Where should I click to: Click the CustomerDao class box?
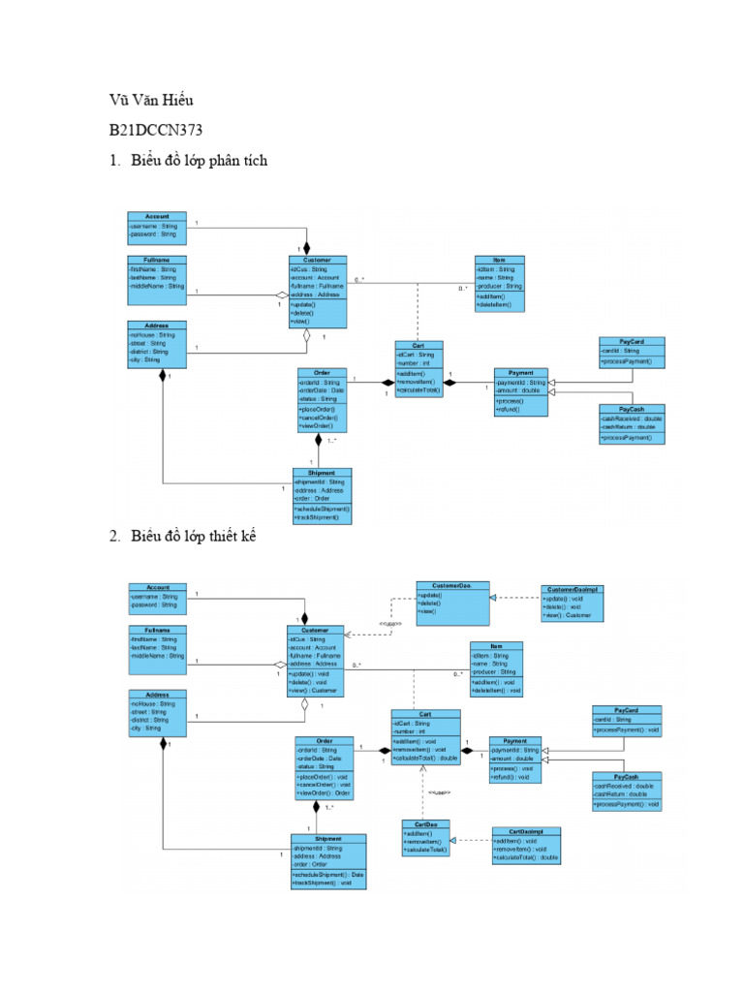click(453, 600)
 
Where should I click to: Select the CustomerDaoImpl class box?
click(573, 603)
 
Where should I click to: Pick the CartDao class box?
click(424, 838)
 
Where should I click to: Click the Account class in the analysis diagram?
click(157, 226)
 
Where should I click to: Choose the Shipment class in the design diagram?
click(328, 860)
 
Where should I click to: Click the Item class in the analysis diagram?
click(499, 284)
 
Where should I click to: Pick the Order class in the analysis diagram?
click(322, 399)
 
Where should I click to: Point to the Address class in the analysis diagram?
click(157, 344)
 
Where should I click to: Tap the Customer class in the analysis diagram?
click(317, 291)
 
